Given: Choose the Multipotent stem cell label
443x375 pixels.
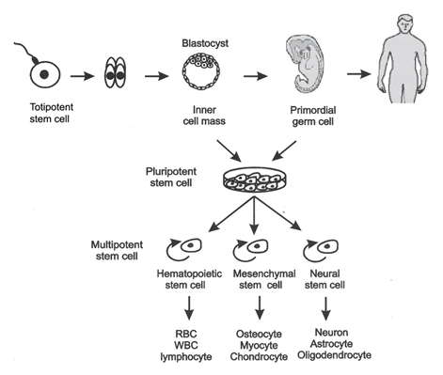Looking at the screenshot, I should (112, 249).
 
